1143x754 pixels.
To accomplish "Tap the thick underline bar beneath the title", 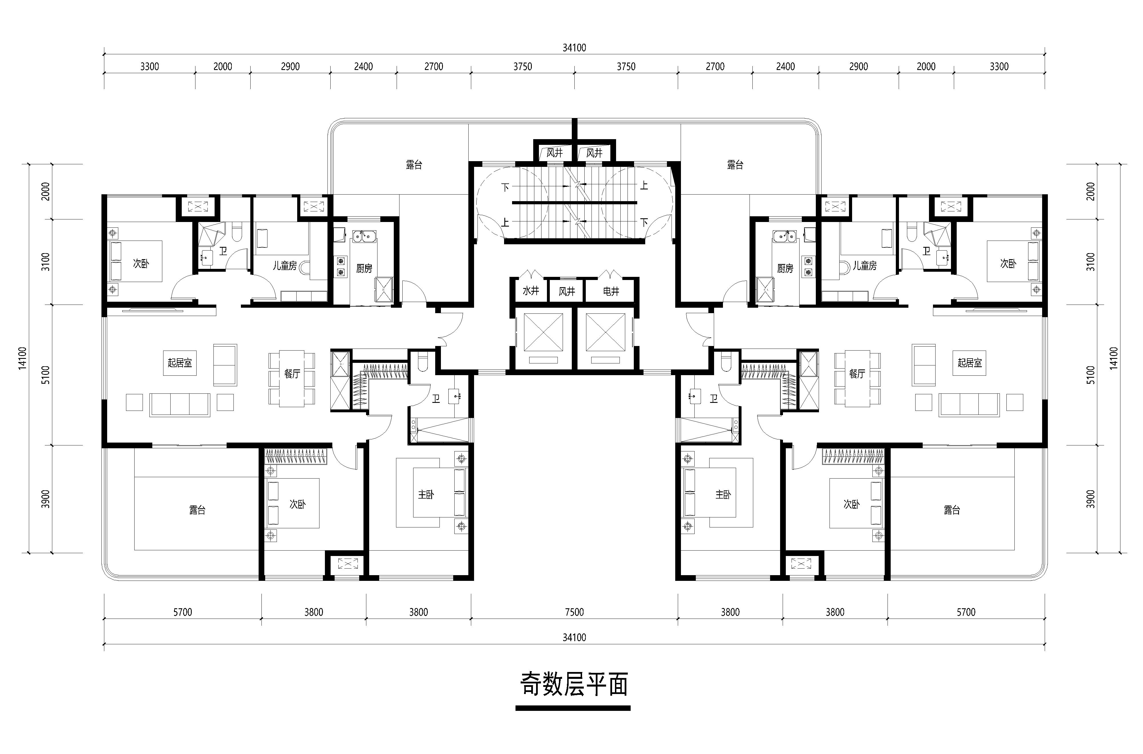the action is point(573,708).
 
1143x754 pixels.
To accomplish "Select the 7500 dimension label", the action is point(574,612).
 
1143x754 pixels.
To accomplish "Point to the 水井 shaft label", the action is point(531,291).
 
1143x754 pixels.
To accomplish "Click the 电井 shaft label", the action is point(611,291).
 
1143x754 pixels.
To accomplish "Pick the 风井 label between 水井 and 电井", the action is point(567,291).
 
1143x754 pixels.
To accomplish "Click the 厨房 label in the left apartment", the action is point(364,268).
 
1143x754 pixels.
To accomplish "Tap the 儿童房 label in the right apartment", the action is point(865,265).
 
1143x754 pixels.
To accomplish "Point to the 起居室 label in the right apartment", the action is point(970,363).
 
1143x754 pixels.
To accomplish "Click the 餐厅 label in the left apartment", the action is point(292,374).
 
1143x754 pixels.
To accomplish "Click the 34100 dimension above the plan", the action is point(574,48).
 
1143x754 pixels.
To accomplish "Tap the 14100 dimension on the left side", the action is point(22,358).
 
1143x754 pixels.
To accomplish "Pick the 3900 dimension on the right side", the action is point(1091,499).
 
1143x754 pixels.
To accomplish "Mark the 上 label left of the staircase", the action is point(505,223).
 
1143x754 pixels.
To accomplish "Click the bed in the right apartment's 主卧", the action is point(717,492).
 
